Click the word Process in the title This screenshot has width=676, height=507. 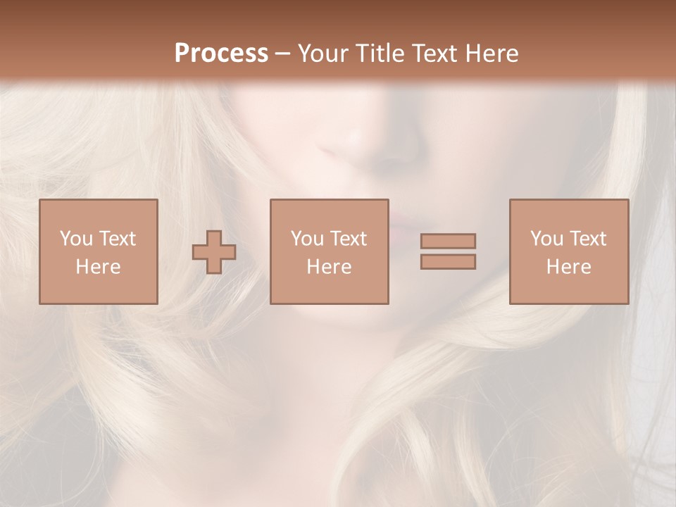tap(221, 54)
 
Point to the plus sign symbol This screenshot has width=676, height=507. tap(214, 251)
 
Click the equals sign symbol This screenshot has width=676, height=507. tap(448, 251)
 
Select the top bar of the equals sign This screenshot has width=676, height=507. tap(448, 241)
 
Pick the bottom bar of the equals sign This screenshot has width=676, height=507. tap(448, 262)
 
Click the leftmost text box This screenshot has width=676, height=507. tap(98, 251)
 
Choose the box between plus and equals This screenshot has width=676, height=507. tap(329, 251)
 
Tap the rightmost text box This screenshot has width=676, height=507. tap(568, 251)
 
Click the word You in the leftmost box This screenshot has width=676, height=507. tap(75, 239)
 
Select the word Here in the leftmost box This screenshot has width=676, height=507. tap(98, 267)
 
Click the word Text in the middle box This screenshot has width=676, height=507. tap(347, 239)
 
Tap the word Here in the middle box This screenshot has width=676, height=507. tap(329, 267)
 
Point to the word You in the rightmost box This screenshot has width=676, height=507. tap(545, 239)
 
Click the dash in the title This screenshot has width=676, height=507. tap(282, 54)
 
